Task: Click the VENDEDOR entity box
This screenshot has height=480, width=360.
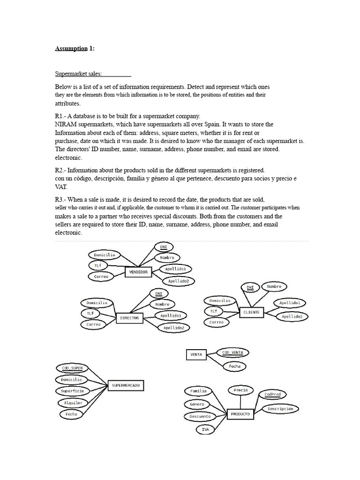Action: [x=138, y=272]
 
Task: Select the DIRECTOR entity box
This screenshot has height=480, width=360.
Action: [x=129, y=318]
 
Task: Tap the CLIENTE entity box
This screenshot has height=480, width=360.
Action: [x=251, y=312]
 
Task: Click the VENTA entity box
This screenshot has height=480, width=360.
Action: [x=196, y=355]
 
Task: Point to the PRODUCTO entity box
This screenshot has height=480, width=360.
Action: [x=241, y=414]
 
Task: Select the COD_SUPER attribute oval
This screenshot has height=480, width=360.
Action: [x=72, y=368]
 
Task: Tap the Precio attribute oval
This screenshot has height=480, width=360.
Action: [x=241, y=390]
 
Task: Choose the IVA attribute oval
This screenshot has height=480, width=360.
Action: [x=205, y=429]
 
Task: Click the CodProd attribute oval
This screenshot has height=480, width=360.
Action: [x=272, y=395]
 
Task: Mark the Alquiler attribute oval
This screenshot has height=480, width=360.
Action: [x=73, y=403]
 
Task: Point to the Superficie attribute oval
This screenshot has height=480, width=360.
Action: [x=72, y=391]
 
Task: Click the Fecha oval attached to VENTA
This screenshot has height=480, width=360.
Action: [x=234, y=367]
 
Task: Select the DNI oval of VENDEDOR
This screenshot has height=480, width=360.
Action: [x=164, y=247]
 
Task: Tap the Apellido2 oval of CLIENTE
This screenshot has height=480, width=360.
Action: [x=292, y=317]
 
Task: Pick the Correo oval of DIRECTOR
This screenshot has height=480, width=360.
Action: [x=93, y=324]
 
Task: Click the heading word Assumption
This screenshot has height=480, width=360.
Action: [x=71, y=48]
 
